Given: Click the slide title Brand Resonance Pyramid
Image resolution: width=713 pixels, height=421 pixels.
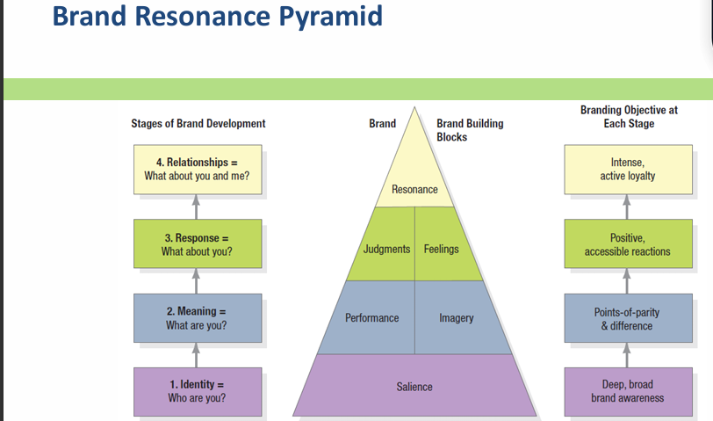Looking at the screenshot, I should [x=218, y=17].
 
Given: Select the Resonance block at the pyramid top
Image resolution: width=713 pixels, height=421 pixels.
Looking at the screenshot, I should [x=414, y=189].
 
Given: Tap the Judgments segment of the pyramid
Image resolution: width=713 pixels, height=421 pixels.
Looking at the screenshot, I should [x=386, y=249].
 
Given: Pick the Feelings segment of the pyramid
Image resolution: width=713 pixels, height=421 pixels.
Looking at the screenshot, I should [x=441, y=249].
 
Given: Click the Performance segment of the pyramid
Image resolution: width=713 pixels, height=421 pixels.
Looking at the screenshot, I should [x=371, y=317].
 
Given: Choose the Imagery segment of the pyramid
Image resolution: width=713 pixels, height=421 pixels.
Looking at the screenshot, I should [x=456, y=317].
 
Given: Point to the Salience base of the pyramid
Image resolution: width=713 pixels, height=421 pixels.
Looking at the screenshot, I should [x=414, y=387].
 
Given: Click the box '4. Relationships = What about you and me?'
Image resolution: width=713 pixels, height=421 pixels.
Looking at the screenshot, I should [x=198, y=170].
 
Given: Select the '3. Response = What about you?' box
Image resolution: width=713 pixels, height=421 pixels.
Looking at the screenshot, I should [x=198, y=243].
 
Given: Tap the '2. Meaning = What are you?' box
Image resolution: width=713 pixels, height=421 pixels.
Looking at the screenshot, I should [x=198, y=318].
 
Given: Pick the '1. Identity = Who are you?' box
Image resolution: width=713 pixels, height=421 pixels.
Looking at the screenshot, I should [x=198, y=391].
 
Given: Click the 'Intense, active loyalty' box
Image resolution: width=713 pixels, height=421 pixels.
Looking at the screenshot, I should [x=627, y=170].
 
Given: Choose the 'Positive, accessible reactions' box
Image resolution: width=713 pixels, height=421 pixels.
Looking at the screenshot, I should [x=627, y=243].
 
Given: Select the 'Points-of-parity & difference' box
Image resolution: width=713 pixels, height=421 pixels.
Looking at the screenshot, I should [x=627, y=318].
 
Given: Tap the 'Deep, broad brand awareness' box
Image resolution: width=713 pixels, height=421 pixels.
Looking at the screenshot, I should [x=627, y=391].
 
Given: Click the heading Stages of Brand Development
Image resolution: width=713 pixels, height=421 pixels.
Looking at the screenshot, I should [x=198, y=124].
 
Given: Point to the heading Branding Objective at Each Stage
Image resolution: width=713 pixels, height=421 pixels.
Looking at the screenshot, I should [x=629, y=117].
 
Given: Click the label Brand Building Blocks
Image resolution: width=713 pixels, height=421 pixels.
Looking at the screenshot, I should [x=470, y=130].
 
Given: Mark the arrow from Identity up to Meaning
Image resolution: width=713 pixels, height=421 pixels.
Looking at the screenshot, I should [x=198, y=355].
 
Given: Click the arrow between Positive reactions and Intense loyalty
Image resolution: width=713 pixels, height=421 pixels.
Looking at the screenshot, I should [x=627, y=207].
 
